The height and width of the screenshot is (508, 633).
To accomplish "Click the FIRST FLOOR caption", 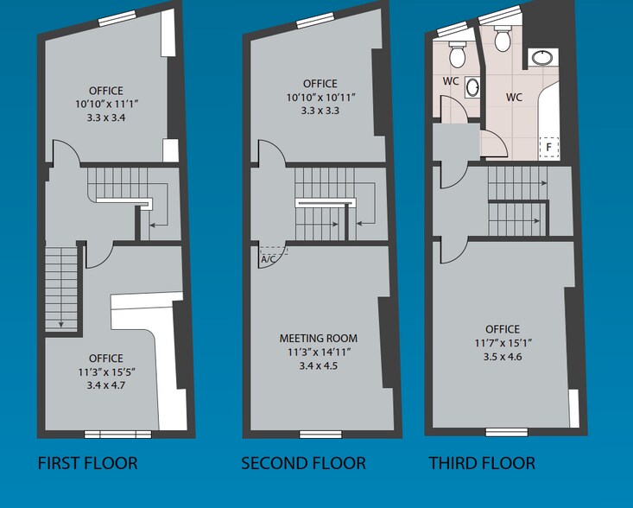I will point(87,464).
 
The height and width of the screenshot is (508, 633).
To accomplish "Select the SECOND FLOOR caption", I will point(303,464).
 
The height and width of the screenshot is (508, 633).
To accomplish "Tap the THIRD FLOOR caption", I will point(482,464).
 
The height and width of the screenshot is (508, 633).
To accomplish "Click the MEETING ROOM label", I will point(318,338).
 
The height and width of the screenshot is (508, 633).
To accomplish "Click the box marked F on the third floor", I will point(548,148).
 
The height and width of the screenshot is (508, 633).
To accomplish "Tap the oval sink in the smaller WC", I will point(472,87).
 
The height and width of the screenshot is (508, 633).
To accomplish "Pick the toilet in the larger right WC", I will point(502,38).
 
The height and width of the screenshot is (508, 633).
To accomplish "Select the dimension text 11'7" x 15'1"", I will point(502,343).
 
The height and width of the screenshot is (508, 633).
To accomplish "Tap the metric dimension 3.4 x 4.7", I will point(105,386).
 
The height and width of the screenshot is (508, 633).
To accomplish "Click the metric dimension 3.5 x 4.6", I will point(502,357).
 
